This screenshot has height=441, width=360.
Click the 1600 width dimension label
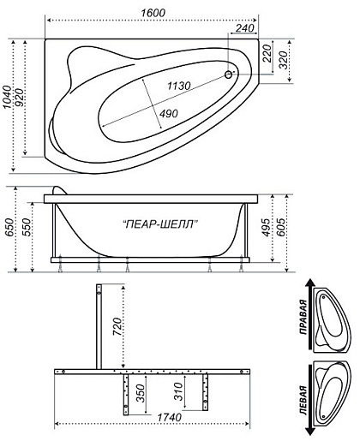point(153,13)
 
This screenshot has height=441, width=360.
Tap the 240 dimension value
point(245,28)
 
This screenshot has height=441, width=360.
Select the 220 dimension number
point(267,53)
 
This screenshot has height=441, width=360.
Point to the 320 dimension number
point(284,60)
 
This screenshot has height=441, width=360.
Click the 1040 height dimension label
point(7,97)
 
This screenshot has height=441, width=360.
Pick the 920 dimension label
point(20,98)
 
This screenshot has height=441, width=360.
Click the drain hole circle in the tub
point(228,74)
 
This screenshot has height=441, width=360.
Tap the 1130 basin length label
point(179,86)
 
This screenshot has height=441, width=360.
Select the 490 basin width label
point(169,114)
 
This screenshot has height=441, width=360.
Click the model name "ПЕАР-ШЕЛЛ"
point(160,224)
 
